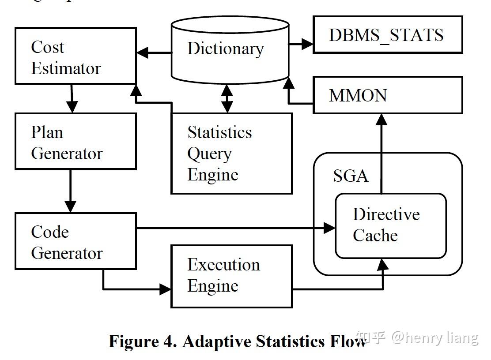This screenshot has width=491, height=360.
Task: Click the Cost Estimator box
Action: [x=75, y=56]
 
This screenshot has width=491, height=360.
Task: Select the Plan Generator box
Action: [x=75, y=141]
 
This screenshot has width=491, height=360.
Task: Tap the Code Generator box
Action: [x=75, y=241]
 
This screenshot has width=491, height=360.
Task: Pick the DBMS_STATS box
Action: [x=387, y=35]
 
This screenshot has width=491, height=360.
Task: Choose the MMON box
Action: [x=387, y=95]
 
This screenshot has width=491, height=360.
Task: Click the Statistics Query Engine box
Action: [x=231, y=153]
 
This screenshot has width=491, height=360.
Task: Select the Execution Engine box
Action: [x=231, y=276]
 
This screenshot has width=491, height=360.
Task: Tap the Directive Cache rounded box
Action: [x=390, y=225]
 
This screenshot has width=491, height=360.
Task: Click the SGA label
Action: [x=351, y=176]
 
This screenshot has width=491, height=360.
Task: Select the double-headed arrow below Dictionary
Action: [x=227, y=98]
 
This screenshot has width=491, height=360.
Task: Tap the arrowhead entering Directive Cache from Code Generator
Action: [x=329, y=228]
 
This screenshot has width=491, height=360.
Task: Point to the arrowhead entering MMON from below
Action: [x=381, y=120]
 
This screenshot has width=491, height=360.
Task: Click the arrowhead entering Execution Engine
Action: [x=165, y=289]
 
